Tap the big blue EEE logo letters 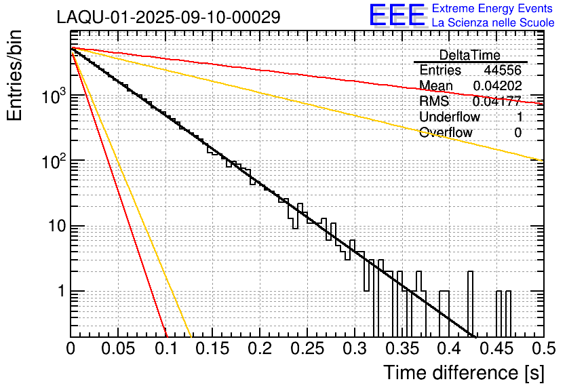tap(397, 16)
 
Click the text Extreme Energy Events tap(493, 9)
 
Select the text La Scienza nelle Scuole tap(493, 23)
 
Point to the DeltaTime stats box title tap(469, 55)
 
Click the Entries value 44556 tap(502, 71)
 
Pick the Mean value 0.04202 tap(497, 86)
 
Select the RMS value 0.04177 tap(497, 102)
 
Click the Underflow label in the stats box tap(449, 117)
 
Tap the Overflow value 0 tap(517, 132)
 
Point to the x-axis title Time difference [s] tap(463, 372)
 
